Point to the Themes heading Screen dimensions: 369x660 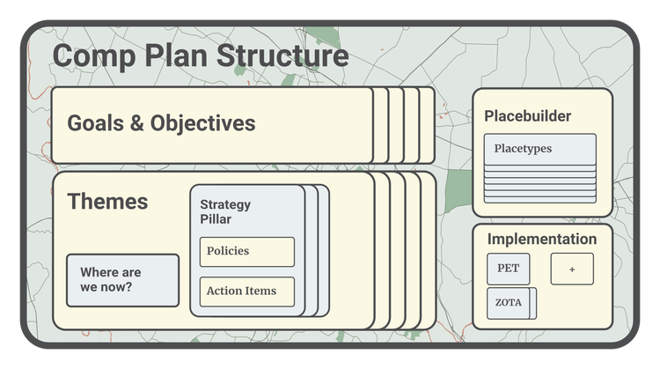click(107, 202)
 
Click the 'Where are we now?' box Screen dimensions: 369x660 click(122, 280)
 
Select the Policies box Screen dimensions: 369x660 click(246, 252)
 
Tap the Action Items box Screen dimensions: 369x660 click(246, 292)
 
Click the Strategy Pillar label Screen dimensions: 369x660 click(225, 211)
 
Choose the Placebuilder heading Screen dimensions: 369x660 click(527, 116)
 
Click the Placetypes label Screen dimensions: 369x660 click(523, 149)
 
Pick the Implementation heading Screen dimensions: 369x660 click(541, 239)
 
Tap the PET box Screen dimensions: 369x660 click(509, 269)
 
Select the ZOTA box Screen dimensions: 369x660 click(509, 303)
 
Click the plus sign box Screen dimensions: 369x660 click(572, 269)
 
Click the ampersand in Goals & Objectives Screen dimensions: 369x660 click(137, 123)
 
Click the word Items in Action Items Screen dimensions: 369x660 click(261, 292)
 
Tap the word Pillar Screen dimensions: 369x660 click(216, 218)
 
